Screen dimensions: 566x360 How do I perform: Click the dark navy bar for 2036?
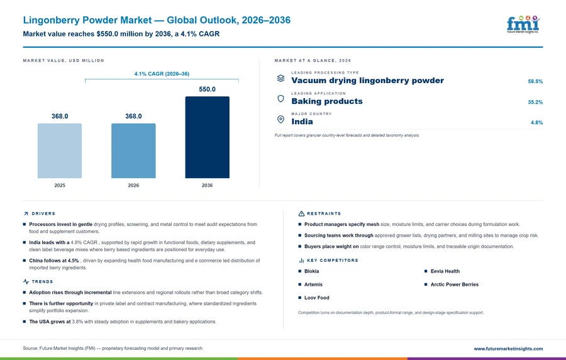[207, 137]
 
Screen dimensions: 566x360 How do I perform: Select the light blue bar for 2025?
[60, 150]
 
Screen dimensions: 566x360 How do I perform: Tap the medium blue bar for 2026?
[133, 150]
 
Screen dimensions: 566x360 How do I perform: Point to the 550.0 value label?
[207, 89]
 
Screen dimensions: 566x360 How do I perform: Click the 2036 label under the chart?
[207, 185]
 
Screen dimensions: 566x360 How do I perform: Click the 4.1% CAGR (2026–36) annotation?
[162, 74]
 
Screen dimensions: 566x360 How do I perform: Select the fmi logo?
[523, 25]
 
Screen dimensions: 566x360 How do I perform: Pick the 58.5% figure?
[535, 82]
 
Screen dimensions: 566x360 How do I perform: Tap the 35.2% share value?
[535, 102]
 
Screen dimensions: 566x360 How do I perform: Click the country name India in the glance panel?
[302, 121]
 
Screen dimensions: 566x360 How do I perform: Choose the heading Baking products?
[327, 101]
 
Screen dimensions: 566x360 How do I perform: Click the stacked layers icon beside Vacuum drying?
[281, 78]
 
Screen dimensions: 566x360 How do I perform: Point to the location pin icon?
[281, 119]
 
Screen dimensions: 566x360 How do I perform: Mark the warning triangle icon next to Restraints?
[301, 214]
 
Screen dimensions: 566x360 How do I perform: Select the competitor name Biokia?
[311, 271]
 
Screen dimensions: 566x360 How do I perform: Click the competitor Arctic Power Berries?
[455, 284]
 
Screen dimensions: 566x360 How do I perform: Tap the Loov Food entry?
[316, 298]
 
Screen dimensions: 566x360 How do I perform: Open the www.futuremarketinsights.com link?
[508, 349]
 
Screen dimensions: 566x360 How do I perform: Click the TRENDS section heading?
[42, 282]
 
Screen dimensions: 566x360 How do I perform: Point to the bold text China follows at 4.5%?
[54, 261]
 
